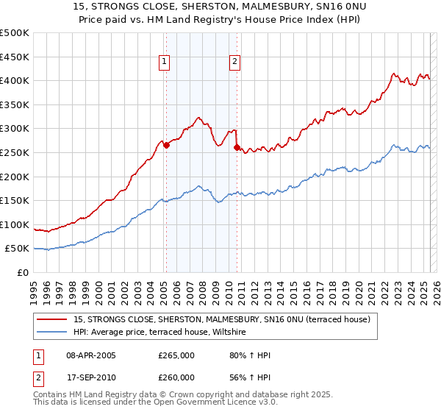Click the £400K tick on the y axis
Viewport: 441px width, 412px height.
(15, 81)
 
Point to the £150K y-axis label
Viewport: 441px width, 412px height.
(15, 200)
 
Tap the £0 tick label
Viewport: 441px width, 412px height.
(24, 272)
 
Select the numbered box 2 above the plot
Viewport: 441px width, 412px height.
(234, 63)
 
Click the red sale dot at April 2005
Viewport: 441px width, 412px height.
(166, 145)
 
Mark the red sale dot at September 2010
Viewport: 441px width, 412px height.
(237, 147)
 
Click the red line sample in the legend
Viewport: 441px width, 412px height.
(54, 319)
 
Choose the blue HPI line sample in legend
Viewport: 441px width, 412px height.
(54, 333)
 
